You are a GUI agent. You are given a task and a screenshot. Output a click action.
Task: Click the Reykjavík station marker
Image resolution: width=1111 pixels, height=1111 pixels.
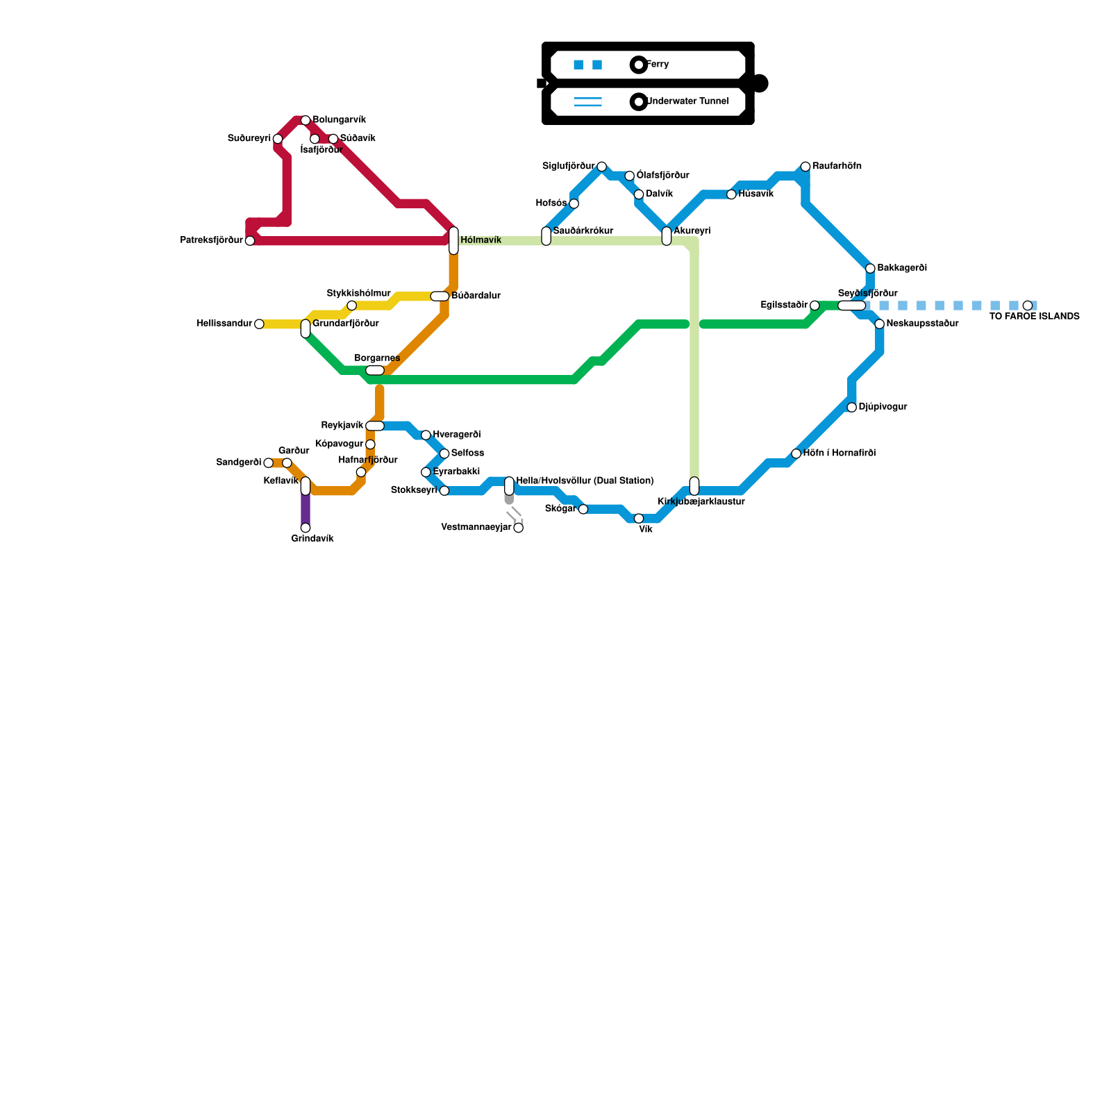click(375, 426)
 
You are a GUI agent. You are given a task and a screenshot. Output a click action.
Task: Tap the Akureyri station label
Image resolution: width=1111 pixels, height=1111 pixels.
click(692, 231)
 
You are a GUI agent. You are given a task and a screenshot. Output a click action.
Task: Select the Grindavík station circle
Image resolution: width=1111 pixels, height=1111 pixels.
click(306, 528)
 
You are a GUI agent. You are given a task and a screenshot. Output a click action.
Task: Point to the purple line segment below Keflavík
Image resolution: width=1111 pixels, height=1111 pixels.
click(306, 510)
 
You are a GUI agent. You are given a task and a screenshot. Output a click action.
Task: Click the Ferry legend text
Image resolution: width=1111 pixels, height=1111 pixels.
click(658, 65)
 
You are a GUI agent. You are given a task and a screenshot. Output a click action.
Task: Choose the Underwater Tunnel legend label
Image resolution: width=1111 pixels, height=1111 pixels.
click(687, 101)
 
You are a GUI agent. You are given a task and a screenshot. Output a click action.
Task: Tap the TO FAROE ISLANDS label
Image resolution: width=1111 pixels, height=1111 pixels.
click(1034, 317)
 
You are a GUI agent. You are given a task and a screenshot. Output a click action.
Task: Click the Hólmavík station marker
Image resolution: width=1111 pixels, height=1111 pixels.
click(453, 240)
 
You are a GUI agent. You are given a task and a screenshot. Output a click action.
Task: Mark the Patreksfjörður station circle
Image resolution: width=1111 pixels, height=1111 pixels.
click(250, 241)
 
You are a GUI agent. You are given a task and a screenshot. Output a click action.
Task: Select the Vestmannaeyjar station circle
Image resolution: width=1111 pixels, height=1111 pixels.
click(518, 528)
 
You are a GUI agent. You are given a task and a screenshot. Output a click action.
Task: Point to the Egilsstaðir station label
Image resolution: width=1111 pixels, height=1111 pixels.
click(784, 305)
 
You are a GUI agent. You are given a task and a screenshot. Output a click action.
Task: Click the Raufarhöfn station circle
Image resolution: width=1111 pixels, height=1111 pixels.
click(805, 167)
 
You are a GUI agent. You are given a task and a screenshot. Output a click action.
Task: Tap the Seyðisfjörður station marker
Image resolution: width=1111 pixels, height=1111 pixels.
click(851, 306)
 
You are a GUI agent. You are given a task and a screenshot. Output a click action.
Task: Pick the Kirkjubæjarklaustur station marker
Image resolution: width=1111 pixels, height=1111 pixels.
click(694, 486)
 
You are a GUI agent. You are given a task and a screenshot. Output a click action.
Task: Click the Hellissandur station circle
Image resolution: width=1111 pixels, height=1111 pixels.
click(259, 324)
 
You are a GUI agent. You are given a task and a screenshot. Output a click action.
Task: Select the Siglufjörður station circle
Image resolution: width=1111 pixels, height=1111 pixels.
click(601, 167)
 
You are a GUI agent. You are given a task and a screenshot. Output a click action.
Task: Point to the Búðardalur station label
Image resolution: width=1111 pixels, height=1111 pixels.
click(476, 296)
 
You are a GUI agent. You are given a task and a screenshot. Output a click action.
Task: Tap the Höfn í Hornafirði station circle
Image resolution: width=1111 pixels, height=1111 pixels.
click(796, 453)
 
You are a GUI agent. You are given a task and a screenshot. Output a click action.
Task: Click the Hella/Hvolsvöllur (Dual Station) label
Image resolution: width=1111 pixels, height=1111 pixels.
click(585, 481)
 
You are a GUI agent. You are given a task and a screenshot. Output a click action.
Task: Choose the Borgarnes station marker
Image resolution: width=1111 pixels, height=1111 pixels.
click(375, 370)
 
